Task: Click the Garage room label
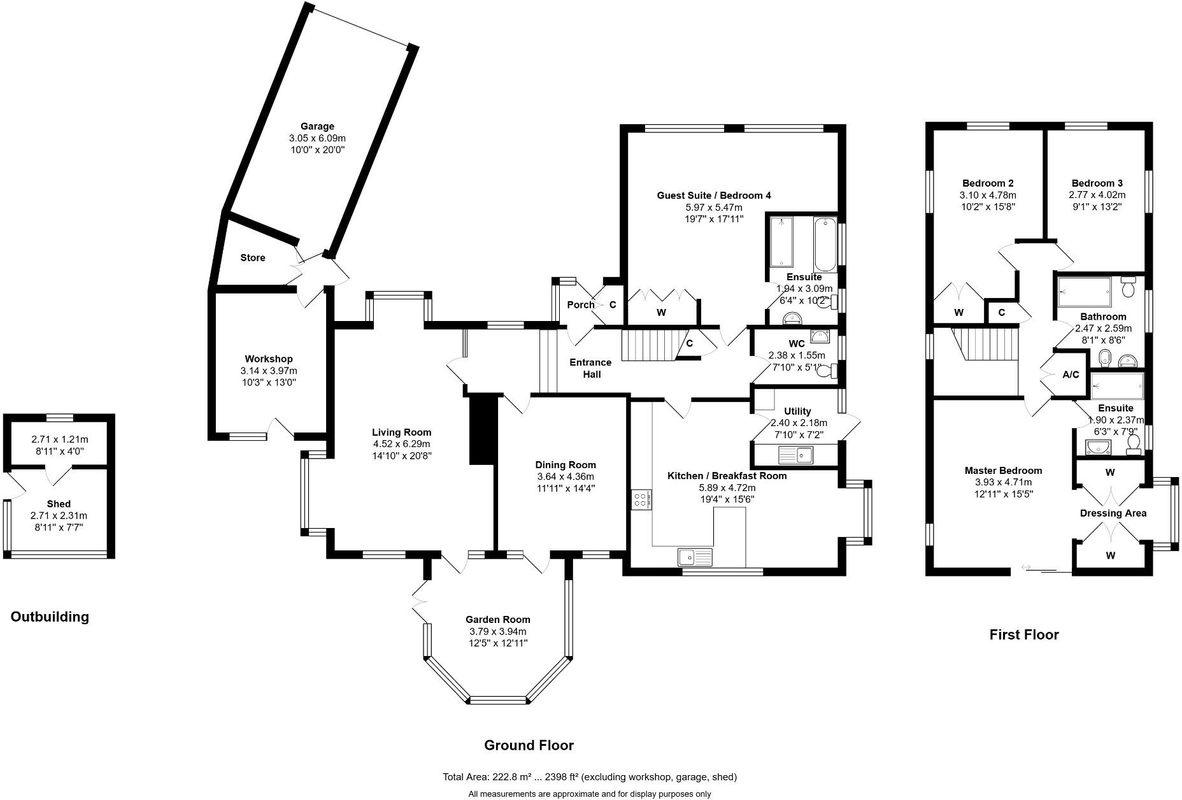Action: point(317,126)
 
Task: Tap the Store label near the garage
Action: point(253,258)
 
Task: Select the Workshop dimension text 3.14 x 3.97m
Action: point(269,371)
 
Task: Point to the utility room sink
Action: point(795,455)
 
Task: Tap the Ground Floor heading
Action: point(529,745)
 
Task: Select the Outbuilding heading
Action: point(50,617)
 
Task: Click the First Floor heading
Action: point(1023,634)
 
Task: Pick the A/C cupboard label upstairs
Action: point(1071,375)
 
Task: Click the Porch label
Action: point(580,305)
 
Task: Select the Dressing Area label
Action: point(1113,513)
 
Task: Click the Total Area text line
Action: point(590,777)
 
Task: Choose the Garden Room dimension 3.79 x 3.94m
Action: point(497,631)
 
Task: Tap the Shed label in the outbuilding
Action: point(59,504)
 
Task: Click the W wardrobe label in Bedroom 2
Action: point(958,312)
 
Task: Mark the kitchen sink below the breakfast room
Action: point(695,557)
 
